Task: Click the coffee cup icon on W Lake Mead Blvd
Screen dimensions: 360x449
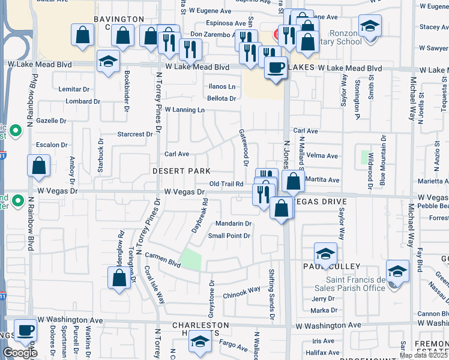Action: tap(276, 67)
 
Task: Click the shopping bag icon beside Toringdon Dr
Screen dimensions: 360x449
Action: tap(119, 277)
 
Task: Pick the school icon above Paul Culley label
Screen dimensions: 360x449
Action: tap(325, 253)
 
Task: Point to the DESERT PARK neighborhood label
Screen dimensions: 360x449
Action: tap(181, 171)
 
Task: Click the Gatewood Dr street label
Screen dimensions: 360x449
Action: tap(244, 146)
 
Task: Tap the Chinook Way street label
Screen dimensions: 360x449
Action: tap(242, 289)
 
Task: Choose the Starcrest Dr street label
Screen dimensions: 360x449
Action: tap(135, 134)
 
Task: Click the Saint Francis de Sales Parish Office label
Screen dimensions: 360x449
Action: tap(355, 284)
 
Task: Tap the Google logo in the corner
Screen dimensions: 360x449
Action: tap(20, 353)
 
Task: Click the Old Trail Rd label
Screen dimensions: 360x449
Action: tap(226, 184)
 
